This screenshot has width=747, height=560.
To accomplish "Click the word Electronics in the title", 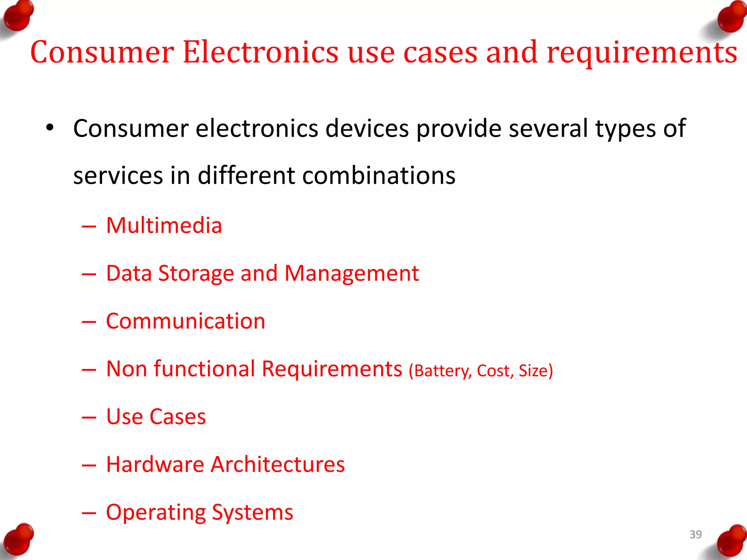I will click(260, 52).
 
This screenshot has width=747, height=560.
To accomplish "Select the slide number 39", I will click(696, 534).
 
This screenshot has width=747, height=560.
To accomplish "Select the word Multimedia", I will click(164, 225).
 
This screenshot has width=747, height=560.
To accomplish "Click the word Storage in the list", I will click(196, 273).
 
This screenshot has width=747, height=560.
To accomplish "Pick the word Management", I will click(351, 273).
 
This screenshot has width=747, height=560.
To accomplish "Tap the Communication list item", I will click(185, 321).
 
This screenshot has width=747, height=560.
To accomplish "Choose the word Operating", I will click(155, 513).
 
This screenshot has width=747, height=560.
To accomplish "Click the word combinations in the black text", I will click(379, 176).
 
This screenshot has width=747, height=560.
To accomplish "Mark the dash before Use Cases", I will click(89, 417).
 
